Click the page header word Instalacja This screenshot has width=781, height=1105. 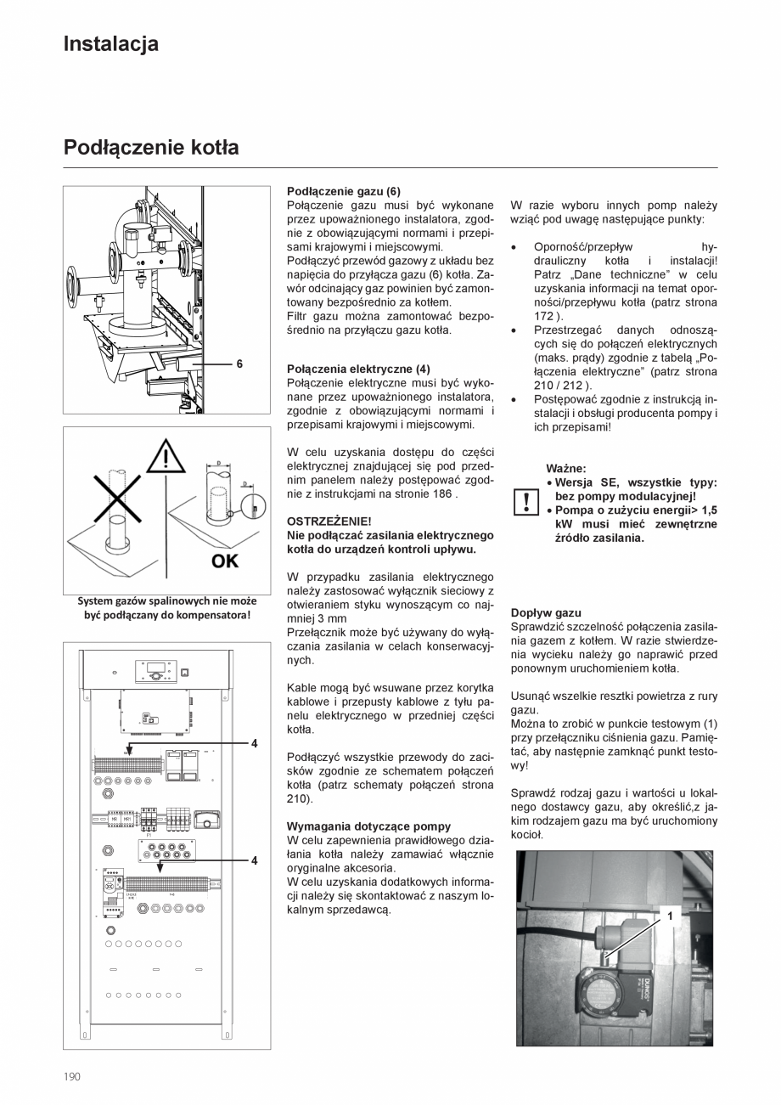click(x=110, y=44)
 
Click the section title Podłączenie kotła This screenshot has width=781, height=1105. click(x=151, y=148)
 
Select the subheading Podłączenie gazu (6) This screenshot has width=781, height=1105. click(x=343, y=191)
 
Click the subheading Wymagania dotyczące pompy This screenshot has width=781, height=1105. click(x=368, y=826)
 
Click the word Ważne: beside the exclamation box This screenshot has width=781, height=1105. click(x=566, y=467)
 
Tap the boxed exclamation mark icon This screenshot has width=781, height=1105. click(x=525, y=501)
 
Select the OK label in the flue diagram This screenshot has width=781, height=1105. click(x=225, y=561)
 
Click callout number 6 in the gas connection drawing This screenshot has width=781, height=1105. click(x=239, y=364)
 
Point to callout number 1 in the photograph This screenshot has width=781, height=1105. click(x=669, y=916)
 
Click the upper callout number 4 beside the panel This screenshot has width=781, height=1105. click(x=254, y=743)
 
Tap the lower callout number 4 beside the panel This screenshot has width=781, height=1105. click(x=254, y=860)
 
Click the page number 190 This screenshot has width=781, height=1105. click(x=72, y=1076)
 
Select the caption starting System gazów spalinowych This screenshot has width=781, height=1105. click(x=167, y=607)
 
